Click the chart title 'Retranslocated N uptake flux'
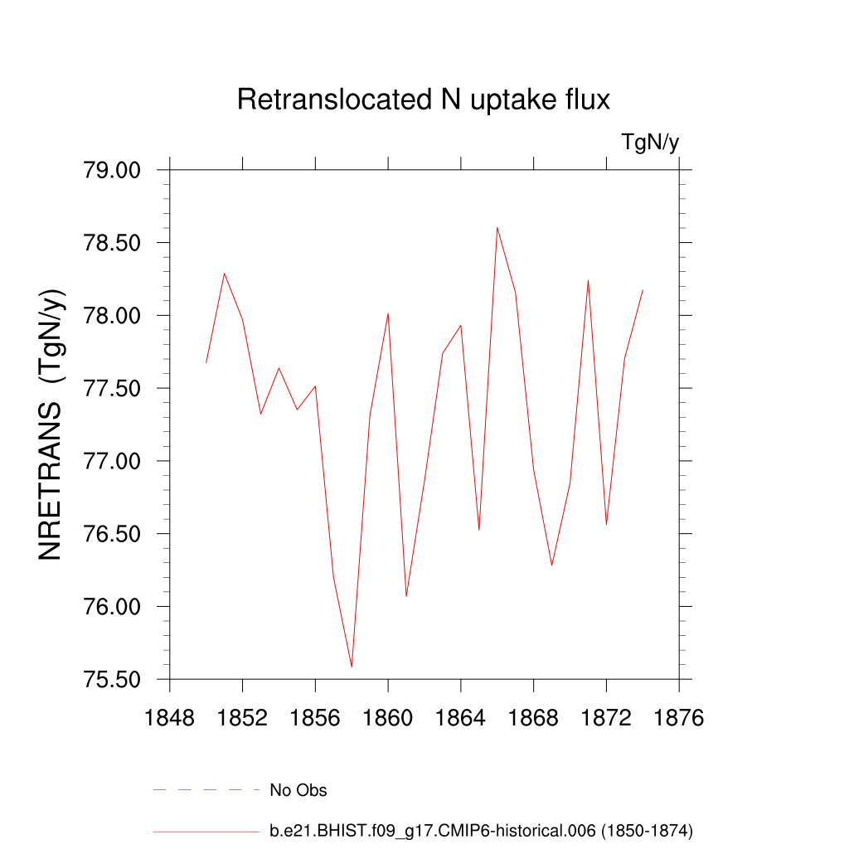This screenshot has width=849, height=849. (x=424, y=99)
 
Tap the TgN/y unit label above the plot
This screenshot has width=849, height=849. (x=650, y=143)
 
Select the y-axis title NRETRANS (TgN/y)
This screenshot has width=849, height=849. (x=51, y=424)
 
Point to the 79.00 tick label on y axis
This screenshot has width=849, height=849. (x=113, y=171)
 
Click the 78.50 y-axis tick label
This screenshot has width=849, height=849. (x=113, y=244)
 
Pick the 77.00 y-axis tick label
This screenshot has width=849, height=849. (x=113, y=462)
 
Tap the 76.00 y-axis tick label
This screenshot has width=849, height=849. (x=113, y=607)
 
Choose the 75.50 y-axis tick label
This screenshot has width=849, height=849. (x=113, y=680)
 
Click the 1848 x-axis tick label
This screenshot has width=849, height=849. (x=170, y=718)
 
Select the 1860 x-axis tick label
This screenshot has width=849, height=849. (x=388, y=718)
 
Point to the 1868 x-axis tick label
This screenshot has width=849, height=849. (x=534, y=718)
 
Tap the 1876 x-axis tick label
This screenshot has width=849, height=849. (x=679, y=718)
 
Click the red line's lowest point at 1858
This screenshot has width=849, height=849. (x=352, y=667)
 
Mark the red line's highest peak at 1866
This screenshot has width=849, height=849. (x=497, y=227)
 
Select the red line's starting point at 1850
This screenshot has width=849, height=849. (x=206, y=362)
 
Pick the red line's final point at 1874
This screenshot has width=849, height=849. (x=643, y=290)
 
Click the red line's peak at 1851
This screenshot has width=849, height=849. (x=225, y=274)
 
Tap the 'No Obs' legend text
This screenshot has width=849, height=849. (x=298, y=790)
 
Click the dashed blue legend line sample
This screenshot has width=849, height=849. (x=206, y=790)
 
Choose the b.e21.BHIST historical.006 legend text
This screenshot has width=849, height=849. (x=481, y=830)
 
